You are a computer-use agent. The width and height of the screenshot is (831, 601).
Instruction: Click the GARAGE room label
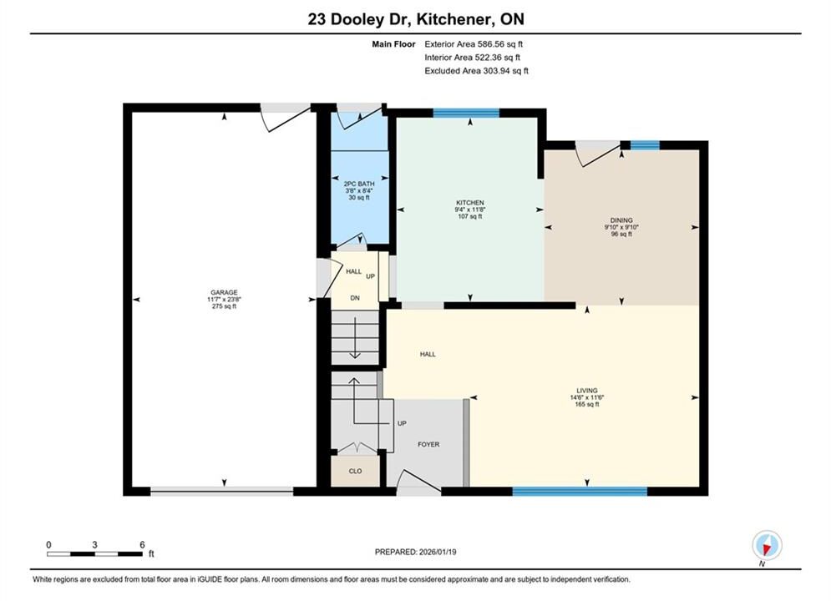[x=224, y=292]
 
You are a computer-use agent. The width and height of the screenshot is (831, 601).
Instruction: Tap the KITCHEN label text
[x=470, y=203]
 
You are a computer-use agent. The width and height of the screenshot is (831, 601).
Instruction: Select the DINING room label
[x=621, y=220]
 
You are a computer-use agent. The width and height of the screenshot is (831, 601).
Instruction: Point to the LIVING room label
[x=586, y=391]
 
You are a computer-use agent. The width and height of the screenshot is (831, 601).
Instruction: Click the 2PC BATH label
[x=359, y=184]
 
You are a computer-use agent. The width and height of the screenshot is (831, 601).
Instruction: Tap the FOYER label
[x=428, y=444]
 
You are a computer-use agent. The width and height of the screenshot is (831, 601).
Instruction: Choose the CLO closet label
[x=355, y=471]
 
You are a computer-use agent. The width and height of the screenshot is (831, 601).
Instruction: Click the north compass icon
[x=767, y=545]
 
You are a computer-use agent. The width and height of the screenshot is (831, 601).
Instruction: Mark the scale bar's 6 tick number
[x=142, y=544]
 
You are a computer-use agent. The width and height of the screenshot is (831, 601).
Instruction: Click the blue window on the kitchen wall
[x=466, y=112]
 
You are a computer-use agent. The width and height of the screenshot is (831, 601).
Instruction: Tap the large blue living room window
[x=580, y=492]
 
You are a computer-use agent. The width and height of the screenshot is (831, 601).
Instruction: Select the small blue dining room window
[x=645, y=145]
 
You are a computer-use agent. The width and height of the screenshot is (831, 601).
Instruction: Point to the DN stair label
[x=355, y=298]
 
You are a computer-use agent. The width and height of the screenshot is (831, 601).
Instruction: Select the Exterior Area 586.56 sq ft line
[x=474, y=44]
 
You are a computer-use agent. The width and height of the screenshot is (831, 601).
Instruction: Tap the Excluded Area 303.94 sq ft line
[x=476, y=70]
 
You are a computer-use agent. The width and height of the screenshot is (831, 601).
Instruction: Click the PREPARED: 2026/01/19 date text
[x=416, y=552]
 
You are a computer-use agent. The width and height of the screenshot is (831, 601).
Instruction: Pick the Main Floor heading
[x=393, y=44]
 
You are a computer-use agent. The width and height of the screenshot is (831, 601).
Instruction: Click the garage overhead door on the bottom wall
[x=221, y=492]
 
